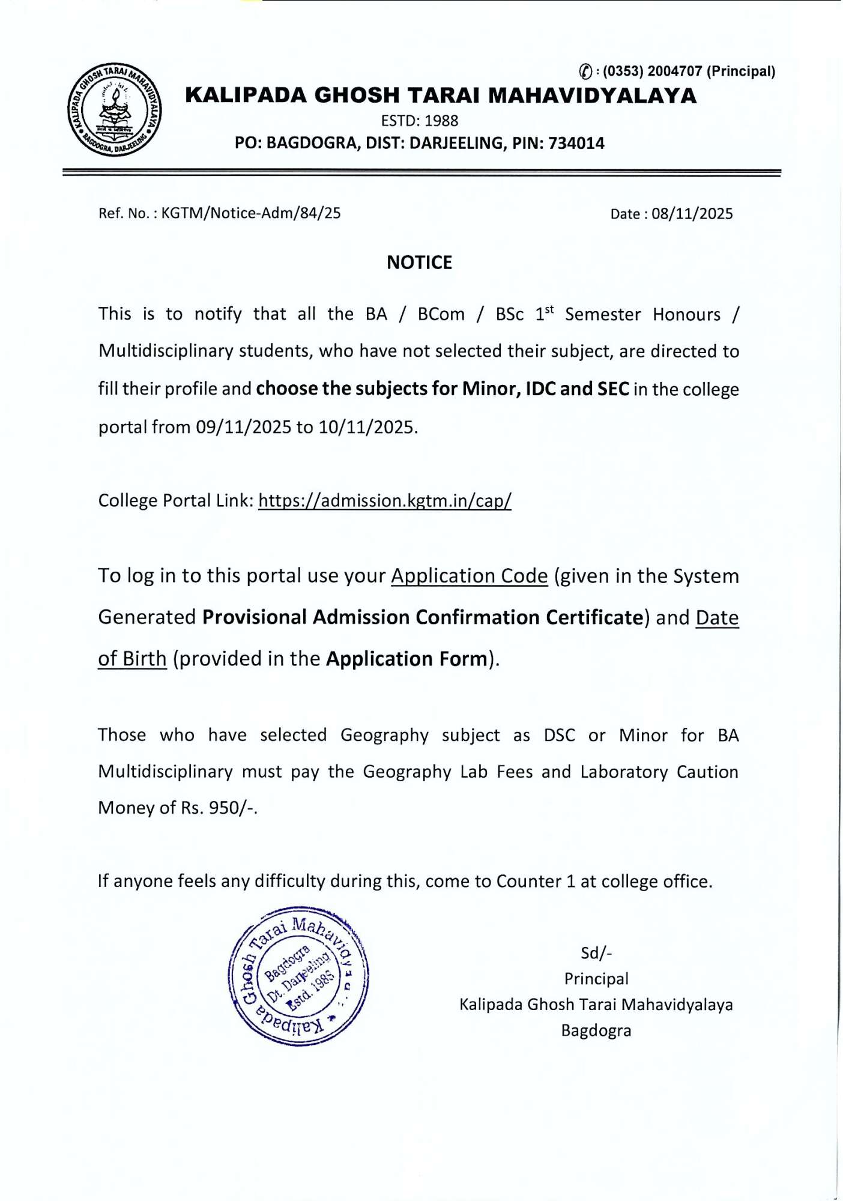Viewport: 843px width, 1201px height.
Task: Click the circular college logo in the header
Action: pyautogui.click(x=114, y=109)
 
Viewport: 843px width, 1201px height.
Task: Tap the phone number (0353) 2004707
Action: pyautogui.click(x=653, y=71)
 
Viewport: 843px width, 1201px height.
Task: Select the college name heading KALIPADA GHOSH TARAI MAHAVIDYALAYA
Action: pyautogui.click(x=441, y=95)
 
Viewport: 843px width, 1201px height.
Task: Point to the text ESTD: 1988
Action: pyautogui.click(x=420, y=121)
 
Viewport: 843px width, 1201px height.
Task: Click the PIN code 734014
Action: pyautogui.click(x=576, y=144)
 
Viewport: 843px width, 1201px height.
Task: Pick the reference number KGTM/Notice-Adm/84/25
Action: pyautogui.click(x=251, y=213)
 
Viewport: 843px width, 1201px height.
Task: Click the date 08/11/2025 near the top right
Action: pyautogui.click(x=692, y=214)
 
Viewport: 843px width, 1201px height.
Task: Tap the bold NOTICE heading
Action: pyautogui.click(x=419, y=262)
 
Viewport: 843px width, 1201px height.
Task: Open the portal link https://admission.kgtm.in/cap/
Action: pyautogui.click(x=385, y=501)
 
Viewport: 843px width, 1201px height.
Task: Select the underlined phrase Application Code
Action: pyautogui.click(x=470, y=576)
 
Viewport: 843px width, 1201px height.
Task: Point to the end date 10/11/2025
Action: pyautogui.click(x=367, y=427)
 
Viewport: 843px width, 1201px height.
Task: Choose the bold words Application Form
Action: pyautogui.click(x=407, y=659)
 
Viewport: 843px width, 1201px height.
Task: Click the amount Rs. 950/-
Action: pyautogui.click(x=219, y=808)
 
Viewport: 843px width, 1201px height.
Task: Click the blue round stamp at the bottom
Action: pyautogui.click(x=298, y=976)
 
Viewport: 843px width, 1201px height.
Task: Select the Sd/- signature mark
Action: pyautogui.click(x=596, y=953)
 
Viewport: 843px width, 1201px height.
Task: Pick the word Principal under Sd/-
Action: pyautogui.click(x=596, y=979)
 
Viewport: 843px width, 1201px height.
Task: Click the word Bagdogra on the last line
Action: pyautogui.click(x=596, y=1030)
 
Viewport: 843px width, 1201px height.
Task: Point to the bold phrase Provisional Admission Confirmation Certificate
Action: pyautogui.click(x=423, y=617)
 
